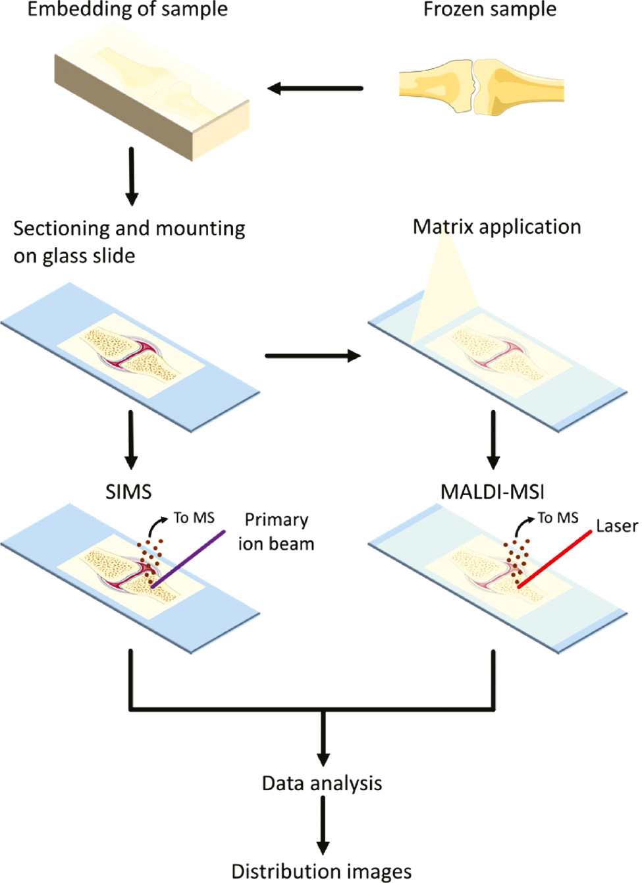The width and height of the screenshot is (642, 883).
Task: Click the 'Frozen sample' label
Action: coord(489,10)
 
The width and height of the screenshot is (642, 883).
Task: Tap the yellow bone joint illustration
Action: coord(481,87)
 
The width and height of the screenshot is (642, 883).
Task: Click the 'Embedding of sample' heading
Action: coord(127,10)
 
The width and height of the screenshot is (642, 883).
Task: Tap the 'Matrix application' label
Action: coord(496,227)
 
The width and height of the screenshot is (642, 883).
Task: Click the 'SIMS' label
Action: coord(128,492)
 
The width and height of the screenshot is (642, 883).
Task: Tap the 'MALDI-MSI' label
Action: coord(492,492)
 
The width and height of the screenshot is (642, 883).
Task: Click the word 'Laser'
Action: coord(616,526)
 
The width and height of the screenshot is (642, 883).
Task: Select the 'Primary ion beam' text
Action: coord(276,532)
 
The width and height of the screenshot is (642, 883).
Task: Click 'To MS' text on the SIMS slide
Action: coord(194,518)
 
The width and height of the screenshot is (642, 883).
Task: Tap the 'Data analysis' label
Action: coord(322,784)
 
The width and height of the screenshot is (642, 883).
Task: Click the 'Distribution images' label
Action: coord(322,871)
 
